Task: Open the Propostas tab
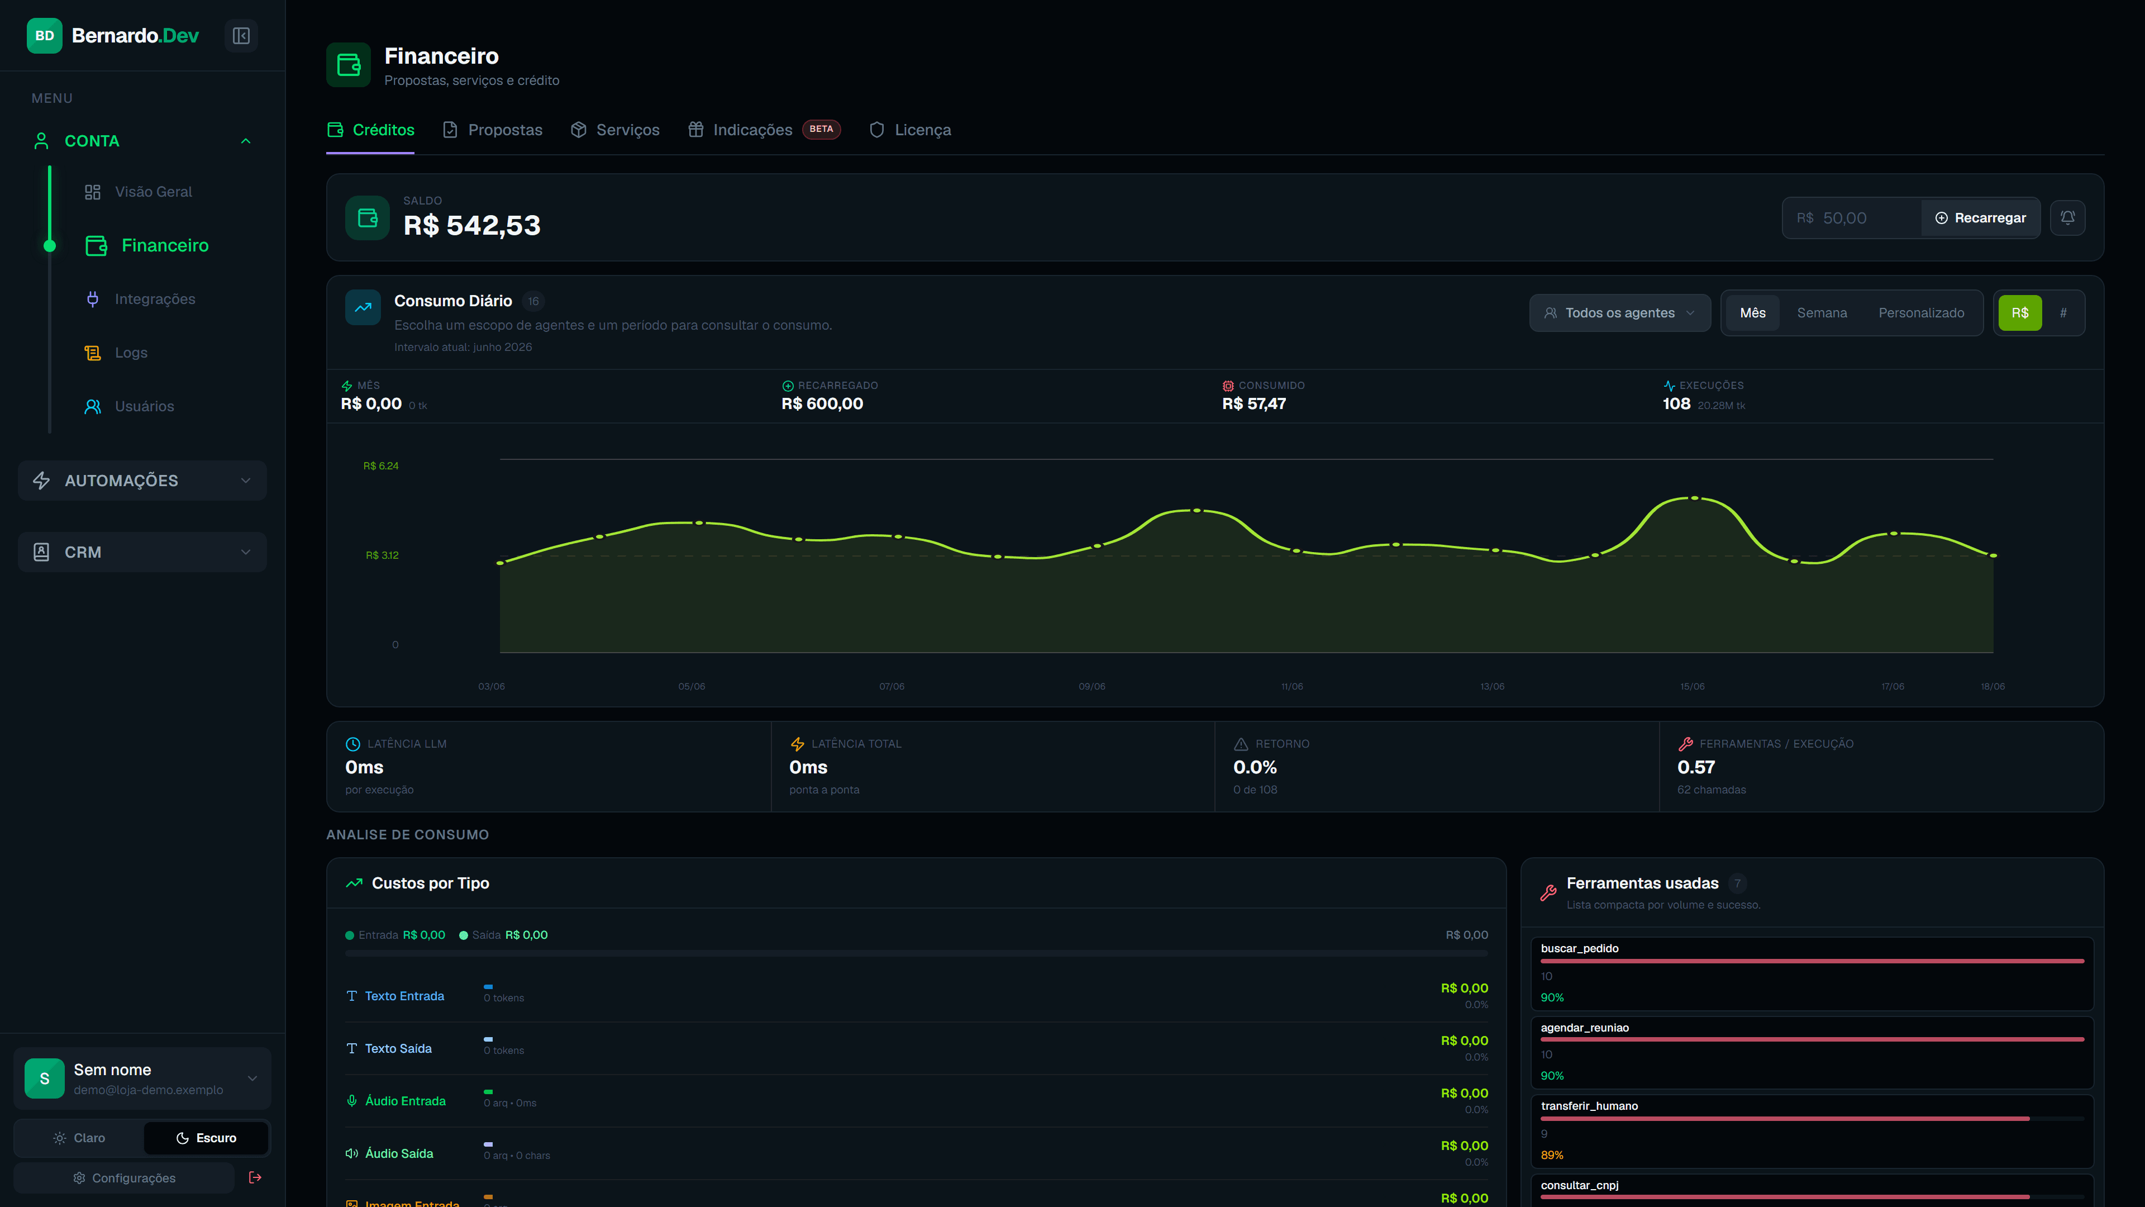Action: click(492, 130)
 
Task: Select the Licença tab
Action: click(909, 130)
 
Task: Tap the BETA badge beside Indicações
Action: click(821, 129)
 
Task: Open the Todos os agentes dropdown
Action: click(1619, 313)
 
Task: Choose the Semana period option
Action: click(1822, 313)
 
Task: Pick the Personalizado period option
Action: click(1921, 313)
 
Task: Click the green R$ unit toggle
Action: click(2020, 313)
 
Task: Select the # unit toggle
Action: click(2063, 313)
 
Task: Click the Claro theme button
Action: click(79, 1138)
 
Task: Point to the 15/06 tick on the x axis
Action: click(1692, 686)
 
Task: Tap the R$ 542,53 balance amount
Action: click(472, 226)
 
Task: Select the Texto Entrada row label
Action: click(404, 996)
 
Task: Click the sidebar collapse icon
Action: click(241, 36)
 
